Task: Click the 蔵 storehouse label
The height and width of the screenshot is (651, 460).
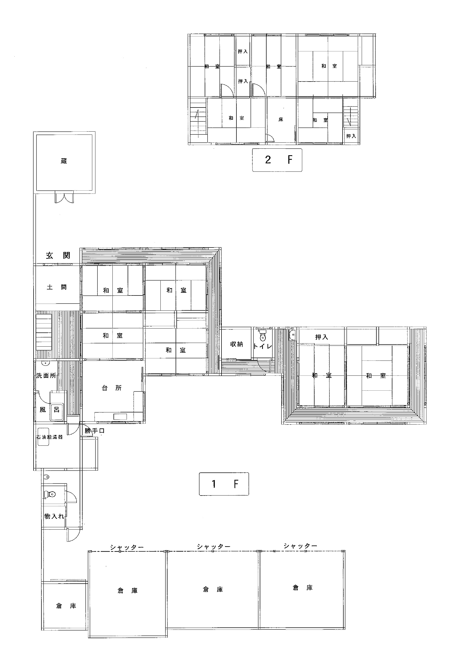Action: pyautogui.click(x=64, y=161)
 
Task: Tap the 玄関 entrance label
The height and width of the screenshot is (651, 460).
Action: pyautogui.click(x=58, y=255)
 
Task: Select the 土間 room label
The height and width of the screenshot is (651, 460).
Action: pyautogui.click(x=57, y=287)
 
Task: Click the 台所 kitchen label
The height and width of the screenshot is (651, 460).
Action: pyautogui.click(x=112, y=388)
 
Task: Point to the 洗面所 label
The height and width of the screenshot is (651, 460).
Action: pyautogui.click(x=46, y=376)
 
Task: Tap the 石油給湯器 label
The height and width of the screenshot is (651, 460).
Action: pyautogui.click(x=50, y=437)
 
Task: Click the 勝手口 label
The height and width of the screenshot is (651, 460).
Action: pyautogui.click(x=95, y=431)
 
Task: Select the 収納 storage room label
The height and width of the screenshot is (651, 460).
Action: pyautogui.click(x=237, y=344)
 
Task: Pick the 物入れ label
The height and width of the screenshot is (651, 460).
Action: pyautogui.click(x=55, y=516)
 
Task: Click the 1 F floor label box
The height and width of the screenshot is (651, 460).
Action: pyautogui.click(x=224, y=484)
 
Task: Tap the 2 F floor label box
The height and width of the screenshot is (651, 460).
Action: pyautogui.click(x=277, y=160)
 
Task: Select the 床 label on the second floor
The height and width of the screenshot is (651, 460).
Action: pyautogui.click(x=281, y=119)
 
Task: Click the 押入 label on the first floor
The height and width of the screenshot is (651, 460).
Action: pyautogui.click(x=321, y=337)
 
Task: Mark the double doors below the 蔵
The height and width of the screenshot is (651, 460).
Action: pyautogui.click(x=64, y=198)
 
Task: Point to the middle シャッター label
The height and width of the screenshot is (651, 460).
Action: pyautogui.click(x=214, y=546)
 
